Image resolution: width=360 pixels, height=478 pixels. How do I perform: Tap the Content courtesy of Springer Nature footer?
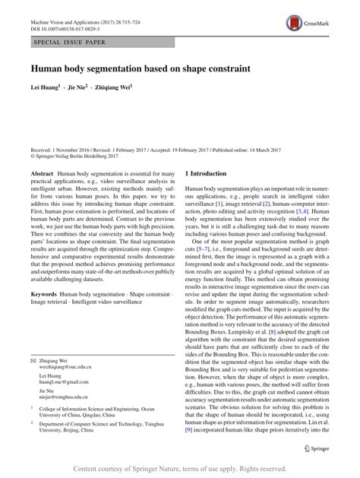click(x=179, y=468)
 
